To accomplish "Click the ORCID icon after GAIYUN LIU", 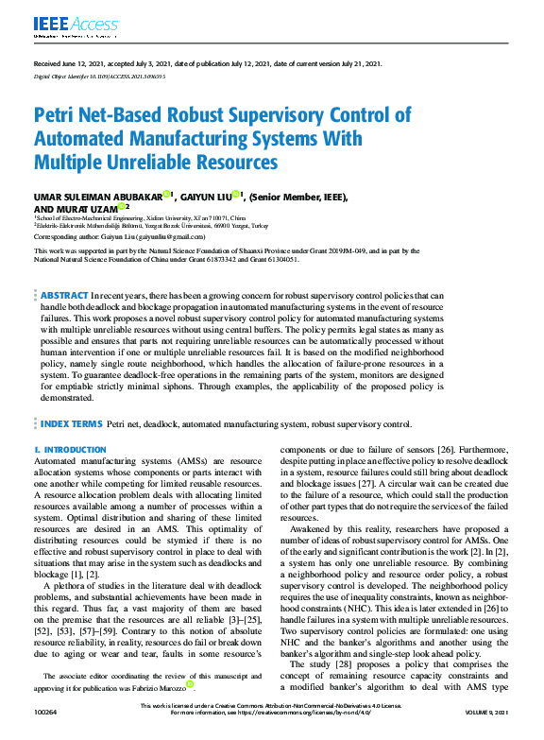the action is click(236, 195).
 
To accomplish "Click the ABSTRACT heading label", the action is click(65, 296).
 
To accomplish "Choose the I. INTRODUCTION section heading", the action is click(70, 450).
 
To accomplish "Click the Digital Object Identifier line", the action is click(93, 75).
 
